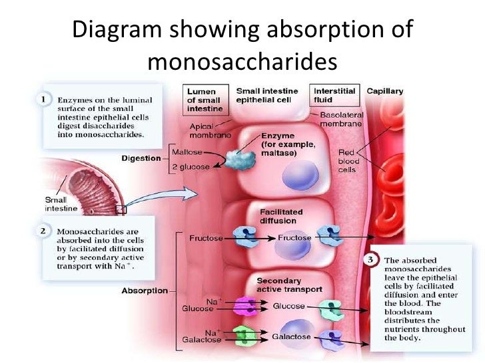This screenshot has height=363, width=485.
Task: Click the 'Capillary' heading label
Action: (384, 91)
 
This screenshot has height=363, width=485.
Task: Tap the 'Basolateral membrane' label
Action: (341, 119)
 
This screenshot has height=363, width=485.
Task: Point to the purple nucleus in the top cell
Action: (282, 180)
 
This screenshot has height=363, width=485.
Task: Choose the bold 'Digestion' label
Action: (142, 158)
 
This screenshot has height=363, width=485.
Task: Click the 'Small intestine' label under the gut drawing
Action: (61, 203)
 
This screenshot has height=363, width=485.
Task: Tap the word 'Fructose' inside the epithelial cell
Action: (294, 237)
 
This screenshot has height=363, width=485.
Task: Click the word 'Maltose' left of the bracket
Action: (189, 151)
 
